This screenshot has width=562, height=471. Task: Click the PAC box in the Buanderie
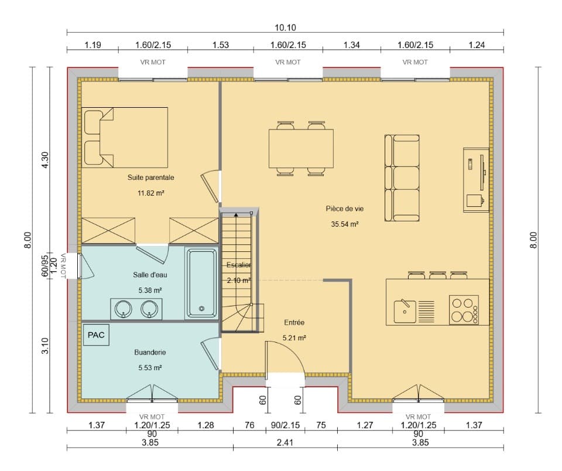(x=95, y=335)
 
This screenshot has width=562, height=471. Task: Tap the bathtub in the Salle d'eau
(x=201, y=283)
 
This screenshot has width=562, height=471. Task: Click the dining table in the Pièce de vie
(x=301, y=148)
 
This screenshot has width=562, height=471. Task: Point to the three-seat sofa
(x=402, y=178)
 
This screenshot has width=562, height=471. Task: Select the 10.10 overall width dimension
(x=285, y=27)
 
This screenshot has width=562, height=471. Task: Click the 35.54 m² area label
(x=345, y=224)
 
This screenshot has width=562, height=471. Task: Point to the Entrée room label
(x=294, y=323)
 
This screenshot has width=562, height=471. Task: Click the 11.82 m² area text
(x=150, y=192)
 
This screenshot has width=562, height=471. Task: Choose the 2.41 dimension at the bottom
(x=285, y=442)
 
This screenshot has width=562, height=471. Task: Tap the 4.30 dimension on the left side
(x=46, y=159)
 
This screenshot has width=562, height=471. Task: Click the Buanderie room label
(x=150, y=353)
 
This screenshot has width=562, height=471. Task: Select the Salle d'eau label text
(x=150, y=274)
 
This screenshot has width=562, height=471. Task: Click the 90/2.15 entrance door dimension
(x=285, y=426)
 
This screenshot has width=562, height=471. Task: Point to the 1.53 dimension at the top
(x=220, y=45)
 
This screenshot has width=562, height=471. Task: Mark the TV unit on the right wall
(x=475, y=178)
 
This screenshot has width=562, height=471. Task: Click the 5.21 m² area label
(x=294, y=338)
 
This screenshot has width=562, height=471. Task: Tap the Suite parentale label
(x=150, y=177)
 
